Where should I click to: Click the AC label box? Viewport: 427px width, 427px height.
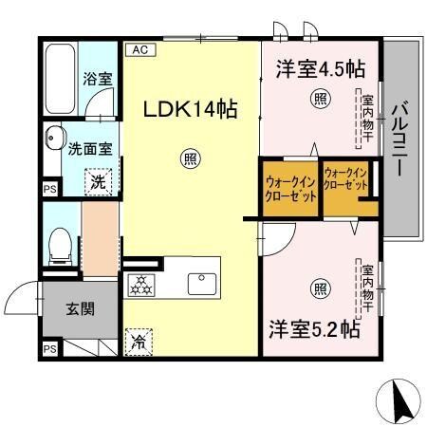139,47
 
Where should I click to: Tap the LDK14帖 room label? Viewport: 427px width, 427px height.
190,109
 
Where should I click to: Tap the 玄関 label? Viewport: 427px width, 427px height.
80,308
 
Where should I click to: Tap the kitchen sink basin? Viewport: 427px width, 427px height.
203,283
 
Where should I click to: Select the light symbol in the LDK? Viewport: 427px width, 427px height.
191,160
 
